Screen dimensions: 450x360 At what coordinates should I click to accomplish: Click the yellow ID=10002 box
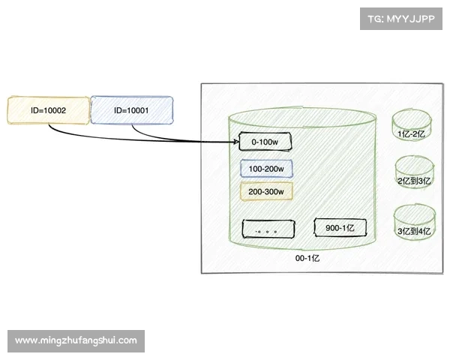(x=48, y=110)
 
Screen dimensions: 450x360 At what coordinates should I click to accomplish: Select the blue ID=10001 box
(x=132, y=110)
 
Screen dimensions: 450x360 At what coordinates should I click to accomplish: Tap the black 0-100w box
(x=265, y=142)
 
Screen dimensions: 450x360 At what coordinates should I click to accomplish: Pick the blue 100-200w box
(x=266, y=169)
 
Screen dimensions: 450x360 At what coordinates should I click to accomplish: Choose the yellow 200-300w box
(x=266, y=191)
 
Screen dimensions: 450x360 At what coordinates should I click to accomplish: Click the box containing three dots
(x=268, y=229)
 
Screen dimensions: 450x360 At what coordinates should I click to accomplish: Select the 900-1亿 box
(x=340, y=228)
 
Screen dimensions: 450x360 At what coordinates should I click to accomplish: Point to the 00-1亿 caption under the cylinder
(x=307, y=258)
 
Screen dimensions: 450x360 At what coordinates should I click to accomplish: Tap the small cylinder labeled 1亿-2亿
(x=412, y=126)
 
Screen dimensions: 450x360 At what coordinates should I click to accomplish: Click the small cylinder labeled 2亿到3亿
(x=415, y=172)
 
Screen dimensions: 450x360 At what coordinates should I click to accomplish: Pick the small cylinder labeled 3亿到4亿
(x=415, y=222)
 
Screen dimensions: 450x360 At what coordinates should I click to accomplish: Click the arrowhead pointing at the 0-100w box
(x=236, y=142)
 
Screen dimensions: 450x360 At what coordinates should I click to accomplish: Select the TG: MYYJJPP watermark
(x=401, y=19)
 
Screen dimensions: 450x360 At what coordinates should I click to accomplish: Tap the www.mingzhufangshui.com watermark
(x=76, y=340)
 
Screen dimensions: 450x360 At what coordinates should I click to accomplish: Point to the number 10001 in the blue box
(x=138, y=110)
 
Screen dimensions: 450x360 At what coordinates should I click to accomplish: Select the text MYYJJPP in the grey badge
(x=410, y=19)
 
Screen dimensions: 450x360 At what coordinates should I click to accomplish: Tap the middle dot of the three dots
(x=268, y=232)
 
